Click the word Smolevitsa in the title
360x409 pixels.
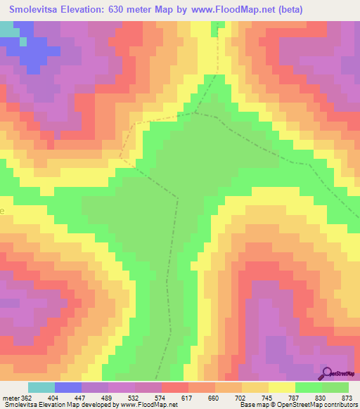pos(37,10)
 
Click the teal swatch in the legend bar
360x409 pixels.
pos(41,387)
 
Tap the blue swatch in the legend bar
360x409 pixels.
pos(68,387)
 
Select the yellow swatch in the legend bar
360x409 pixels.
pos(282,387)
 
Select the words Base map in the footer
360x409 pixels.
pos(250,404)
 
